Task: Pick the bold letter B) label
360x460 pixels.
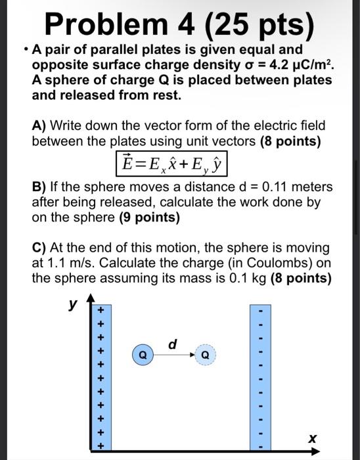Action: pyautogui.click(x=38, y=187)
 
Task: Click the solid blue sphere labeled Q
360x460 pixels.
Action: pyautogui.click(x=143, y=355)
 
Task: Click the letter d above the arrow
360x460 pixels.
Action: pyautogui.click(x=173, y=343)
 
